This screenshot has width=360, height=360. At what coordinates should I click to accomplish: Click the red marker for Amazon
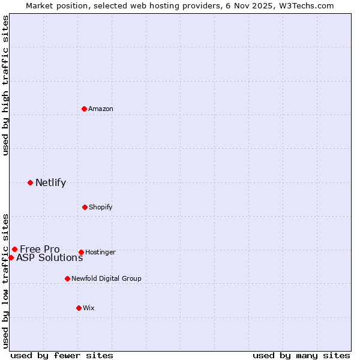coord(84,109)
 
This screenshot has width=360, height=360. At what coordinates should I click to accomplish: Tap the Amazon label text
coord(101,109)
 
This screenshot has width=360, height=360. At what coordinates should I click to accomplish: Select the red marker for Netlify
coord(30,182)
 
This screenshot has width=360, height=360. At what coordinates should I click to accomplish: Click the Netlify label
coord(50,183)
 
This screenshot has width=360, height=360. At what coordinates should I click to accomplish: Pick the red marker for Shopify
coord(85,207)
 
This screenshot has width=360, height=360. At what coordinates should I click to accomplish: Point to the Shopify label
coord(101,208)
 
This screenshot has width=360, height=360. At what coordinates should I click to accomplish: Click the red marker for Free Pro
coord(14,249)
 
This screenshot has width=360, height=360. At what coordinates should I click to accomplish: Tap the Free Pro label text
coord(40,250)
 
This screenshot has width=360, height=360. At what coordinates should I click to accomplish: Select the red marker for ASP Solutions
coord(11,257)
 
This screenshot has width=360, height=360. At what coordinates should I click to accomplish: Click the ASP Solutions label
coord(49,258)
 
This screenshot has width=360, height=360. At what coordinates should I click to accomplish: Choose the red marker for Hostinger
coord(81,252)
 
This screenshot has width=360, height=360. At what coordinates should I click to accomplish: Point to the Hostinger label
coord(100,253)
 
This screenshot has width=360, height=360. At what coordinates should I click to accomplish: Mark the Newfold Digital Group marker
coord(67,278)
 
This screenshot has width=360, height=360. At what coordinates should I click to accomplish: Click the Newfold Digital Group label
coord(106,279)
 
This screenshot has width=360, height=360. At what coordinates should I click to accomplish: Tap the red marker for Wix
coord(79,308)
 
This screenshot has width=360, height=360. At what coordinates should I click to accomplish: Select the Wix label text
coord(89,308)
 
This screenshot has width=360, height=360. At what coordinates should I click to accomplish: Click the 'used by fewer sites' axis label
coord(62,356)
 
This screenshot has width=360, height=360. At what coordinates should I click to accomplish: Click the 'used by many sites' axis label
coord(301,356)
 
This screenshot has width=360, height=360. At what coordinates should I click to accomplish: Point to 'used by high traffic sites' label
coord(5,85)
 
